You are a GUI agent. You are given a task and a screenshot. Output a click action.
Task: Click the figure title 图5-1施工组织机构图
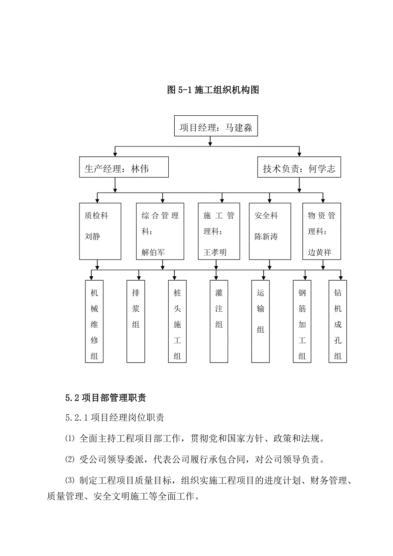(x=213, y=90)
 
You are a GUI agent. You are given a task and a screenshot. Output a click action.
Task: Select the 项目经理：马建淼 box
(x=216, y=126)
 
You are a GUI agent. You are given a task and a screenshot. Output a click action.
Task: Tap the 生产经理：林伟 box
(x=123, y=167)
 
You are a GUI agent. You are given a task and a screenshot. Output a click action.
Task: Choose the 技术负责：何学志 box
(x=299, y=168)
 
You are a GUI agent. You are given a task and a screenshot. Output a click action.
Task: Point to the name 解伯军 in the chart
(x=153, y=252)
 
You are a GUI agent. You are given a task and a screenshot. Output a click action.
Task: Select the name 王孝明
(x=215, y=252)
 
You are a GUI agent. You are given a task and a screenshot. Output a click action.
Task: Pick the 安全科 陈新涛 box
(x=270, y=231)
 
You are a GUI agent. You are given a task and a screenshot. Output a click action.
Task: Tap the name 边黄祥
(x=319, y=252)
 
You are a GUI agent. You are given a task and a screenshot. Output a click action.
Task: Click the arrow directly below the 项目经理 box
(x=210, y=142)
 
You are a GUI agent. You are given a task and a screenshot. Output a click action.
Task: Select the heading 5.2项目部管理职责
(x=106, y=398)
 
